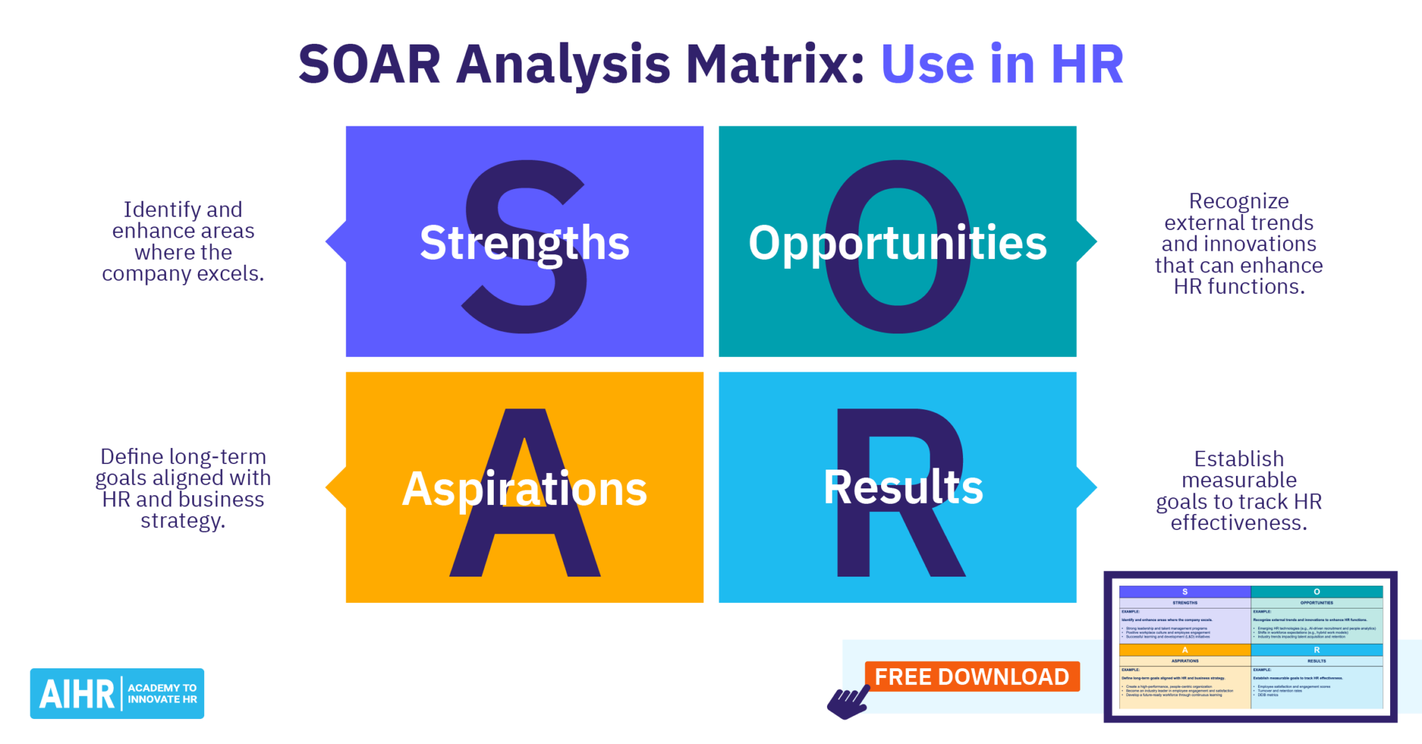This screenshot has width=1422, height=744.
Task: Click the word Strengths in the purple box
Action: pyautogui.click(x=524, y=243)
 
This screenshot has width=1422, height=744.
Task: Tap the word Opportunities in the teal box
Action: pyautogui.click(x=897, y=243)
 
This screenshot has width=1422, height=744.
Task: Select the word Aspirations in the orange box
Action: pyautogui.click(x=524, y=489)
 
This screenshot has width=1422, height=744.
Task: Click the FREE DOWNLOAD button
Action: pyautogui.click(x=971, y=677)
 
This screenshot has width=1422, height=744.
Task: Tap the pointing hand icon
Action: pyautogui.click(x=847, y=702)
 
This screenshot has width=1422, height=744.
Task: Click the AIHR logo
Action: pyautogui.click(x=117, y=693)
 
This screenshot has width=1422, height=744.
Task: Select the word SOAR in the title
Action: pyautogui.click(x=369, y=65)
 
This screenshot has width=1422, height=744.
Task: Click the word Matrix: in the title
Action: pyautogui.click(x=775, y=65)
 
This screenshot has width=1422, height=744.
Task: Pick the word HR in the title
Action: pyautogui.click(x=1087, y=65)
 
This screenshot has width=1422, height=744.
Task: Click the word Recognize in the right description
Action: pyautogui.click(x=1239, y=201)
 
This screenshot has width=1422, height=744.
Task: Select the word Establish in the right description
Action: pyautogui.click(x=1239, y=459)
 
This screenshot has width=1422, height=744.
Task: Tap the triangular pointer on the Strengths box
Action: pyautogui.click(x=337, y=242)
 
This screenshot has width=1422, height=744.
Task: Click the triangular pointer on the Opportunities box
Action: pyautogui.click(x=1086, y=242)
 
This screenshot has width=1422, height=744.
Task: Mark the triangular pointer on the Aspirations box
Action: pyautogui.click(x=337, y=488)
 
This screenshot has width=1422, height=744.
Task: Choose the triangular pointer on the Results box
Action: pyautogui.click(x=1086, y=488)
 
